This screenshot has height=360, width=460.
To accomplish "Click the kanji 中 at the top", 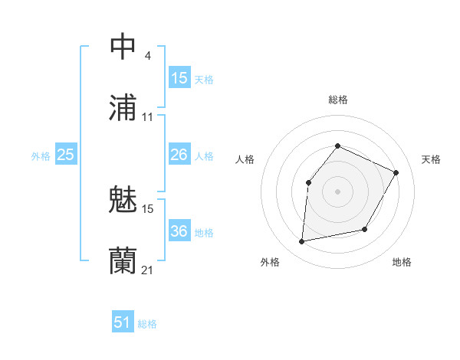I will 123,46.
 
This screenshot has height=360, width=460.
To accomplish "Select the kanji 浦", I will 123,108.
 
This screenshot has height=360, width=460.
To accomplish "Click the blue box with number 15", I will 179,78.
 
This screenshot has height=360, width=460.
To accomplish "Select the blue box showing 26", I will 179,155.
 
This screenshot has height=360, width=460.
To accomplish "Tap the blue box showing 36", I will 179,232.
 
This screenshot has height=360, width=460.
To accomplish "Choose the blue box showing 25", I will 65,155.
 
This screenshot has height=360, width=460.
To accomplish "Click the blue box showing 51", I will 123,322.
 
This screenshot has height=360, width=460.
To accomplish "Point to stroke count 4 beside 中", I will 147,55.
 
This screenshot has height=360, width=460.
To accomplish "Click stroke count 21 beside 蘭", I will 147,270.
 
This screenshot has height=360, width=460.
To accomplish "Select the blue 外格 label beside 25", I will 41,156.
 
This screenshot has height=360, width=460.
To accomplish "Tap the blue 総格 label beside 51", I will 147,324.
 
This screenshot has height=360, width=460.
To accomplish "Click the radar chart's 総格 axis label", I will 338,100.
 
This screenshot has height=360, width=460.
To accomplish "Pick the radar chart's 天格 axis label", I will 431,159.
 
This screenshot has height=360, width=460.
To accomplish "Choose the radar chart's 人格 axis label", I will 245,159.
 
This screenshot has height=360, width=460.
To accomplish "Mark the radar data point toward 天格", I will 396,172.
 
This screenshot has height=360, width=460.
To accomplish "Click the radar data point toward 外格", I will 302,242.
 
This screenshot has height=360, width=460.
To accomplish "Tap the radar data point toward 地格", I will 365,229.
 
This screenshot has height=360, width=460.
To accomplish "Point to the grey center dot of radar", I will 338,191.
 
